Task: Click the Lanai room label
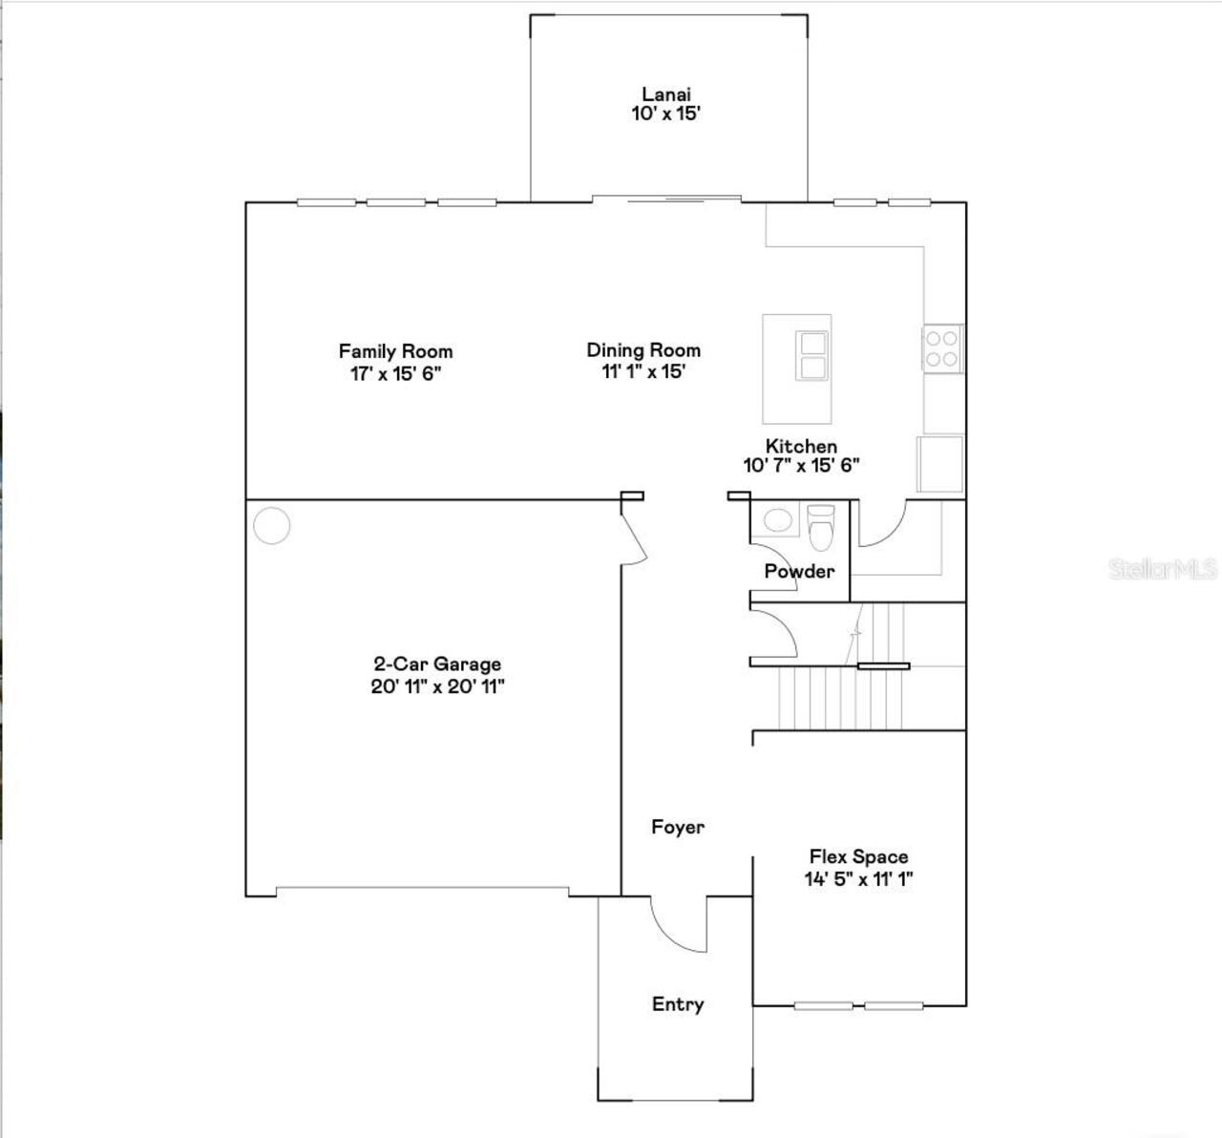pos(665,94)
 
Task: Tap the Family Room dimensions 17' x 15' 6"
pos(395,373)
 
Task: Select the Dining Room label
pos(643,350)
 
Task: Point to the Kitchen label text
pos(801,446)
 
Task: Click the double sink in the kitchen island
pos(812,355)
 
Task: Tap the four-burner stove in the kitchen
pos(942,348)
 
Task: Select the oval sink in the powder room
pos(778,520)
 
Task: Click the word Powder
pos(799,571)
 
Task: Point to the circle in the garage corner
pos(272,526)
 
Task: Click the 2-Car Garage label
pos(437,664)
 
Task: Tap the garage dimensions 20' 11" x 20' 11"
pos(437,686)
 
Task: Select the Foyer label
pos(678,827)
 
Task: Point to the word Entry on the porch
pos(678,1003)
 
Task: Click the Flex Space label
pos(858,856)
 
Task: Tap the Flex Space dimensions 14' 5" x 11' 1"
pos(858,878)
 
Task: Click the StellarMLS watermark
pos(1162,569)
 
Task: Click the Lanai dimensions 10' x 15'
pos(665,114)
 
